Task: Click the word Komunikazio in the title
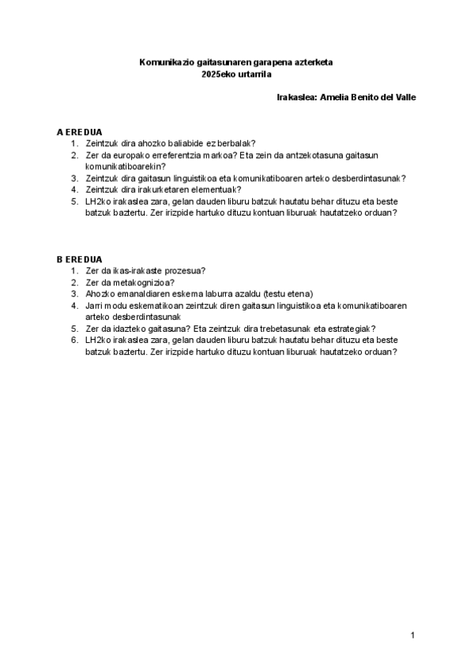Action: pyautogui.click(x=163, y=62)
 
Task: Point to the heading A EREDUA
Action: pyautogui.click(x=79, y=131)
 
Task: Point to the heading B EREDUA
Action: pyautogui.click(x=79, y=259)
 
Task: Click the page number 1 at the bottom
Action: pyautogui.click(x=413, y=634)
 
